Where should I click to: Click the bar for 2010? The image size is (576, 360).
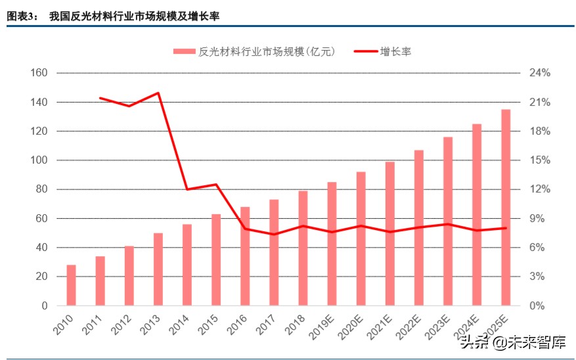pos(71,285)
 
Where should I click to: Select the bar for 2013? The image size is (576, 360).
pos(158,269)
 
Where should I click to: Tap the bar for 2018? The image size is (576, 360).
pos(303,248)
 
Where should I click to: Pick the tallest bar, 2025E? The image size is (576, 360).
pos(506,208)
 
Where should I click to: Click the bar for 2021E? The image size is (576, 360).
pos(390,234)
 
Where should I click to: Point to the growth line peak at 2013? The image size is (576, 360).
pos(158,93)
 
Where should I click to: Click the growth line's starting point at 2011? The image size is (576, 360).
pos(100,98)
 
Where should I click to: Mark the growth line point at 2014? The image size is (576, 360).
pos(187,189)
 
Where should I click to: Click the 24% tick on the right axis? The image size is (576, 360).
pos(540,73)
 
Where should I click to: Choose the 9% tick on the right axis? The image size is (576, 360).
pos(537,219)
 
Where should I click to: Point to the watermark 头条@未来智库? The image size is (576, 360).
pos(512,342)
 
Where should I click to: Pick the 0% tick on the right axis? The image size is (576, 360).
pos(537,305)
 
